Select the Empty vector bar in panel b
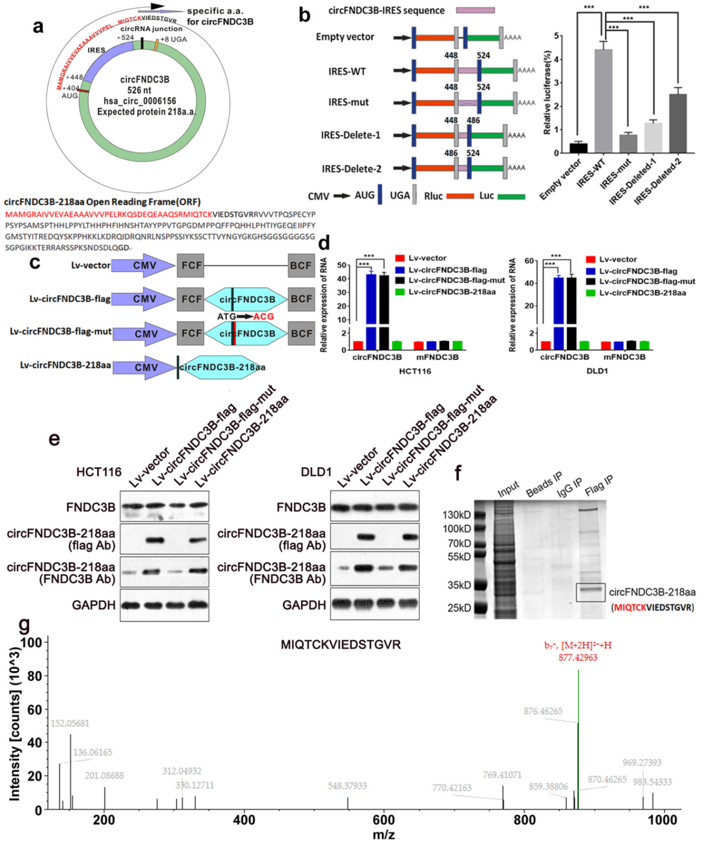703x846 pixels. pyautogui.click(x=578, y=148)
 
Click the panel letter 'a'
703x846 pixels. pyautogui.click(x=38, y=26)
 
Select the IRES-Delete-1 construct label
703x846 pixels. pyautogui.click(x=350, y=135)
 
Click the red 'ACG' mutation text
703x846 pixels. pyautogui.click(x=263, y=316)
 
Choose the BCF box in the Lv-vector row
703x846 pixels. pyautogui.click(x=301, y=265)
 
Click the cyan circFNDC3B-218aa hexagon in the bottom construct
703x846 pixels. pyautogui.click(x=222, y=367)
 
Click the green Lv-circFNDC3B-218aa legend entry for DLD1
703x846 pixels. pyautogui.click(x=636, y=293)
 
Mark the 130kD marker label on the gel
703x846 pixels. pyautogui.click(x=456, y=515)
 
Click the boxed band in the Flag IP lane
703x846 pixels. pyautogui.click(x=590, y=592)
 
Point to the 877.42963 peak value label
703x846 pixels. pyautogui.click(x=578, y=657)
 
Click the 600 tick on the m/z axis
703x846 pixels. pyautogui.click(x=383, y=820)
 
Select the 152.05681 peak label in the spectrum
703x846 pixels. pyautogui.click(x=70, y=723)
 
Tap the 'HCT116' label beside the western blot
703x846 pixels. pyautogui.click(x=99, y=472)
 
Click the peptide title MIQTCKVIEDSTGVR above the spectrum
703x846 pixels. pyautogui.click(x=340, y=644)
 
